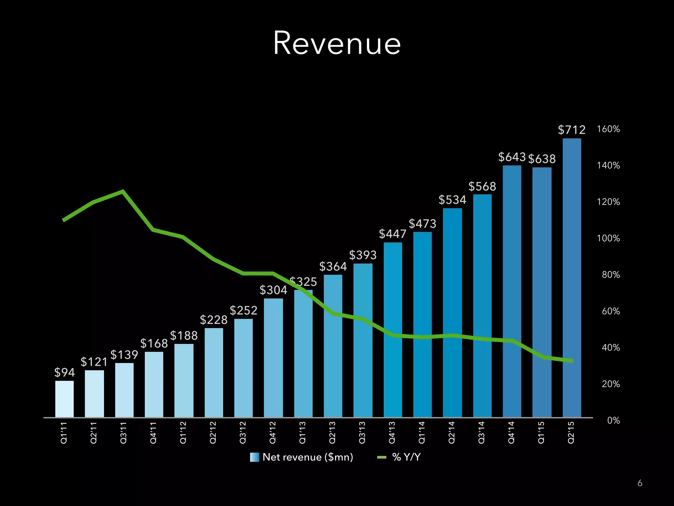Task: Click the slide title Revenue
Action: [x=337, y=43]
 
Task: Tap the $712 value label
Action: [x=572, y=130]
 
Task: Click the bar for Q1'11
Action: [x=65, y=399]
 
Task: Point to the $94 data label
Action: [x=65, y=373]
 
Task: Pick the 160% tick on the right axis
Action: [x=608, y=129]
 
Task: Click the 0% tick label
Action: [x=613, y=420]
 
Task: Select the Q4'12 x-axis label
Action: [x=273, y=432]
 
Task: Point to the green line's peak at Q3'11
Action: [x=123, y=191]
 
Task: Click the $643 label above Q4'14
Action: [x=512, y=157]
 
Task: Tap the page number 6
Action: [x=640, y=483]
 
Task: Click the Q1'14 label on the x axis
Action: [x=422, y=432]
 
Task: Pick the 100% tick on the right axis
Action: [x=608, y=238]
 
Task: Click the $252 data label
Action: [x=244, y=310]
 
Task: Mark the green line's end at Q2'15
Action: [x=572, y=361]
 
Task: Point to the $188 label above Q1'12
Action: [x=184, y=336]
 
